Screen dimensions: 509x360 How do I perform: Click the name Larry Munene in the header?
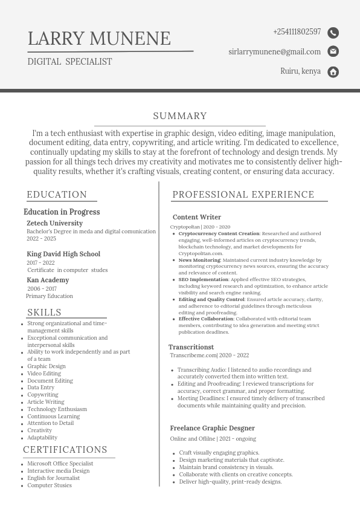coord(99,39)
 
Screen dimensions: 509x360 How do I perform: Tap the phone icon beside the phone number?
coord(333,33)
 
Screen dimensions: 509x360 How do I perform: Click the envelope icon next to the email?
coord(333,52)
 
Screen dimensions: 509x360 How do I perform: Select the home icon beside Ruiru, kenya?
coord(333,72)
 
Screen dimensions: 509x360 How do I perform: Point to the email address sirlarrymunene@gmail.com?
coord(274,52)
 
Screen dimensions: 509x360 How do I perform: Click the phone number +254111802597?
coord(297,32)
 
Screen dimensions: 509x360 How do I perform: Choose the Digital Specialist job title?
coord(69,62)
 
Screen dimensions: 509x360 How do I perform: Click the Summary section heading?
coord(180,116)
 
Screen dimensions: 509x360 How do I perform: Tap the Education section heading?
coord(57,195)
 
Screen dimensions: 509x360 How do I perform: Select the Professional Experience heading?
coord(243,195)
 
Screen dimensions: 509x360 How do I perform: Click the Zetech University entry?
coord(54,224)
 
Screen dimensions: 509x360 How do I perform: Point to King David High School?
coord(63,254)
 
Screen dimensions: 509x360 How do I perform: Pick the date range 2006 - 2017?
coord(42,289)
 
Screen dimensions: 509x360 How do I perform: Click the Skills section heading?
coord(44,313)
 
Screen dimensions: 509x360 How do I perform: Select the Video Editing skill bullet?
coord(44,374)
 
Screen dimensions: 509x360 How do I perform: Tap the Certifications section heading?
coord(65,450)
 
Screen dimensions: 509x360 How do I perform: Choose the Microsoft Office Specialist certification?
coord(60,464)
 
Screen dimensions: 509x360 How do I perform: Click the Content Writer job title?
coord(197,218)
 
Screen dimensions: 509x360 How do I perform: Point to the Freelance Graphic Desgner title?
coord(204,429)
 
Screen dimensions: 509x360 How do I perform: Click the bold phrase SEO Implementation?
coord(203,280)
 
